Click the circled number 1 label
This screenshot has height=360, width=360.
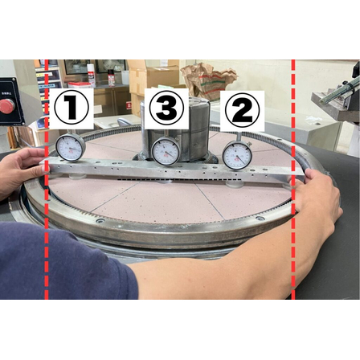click(71, 108)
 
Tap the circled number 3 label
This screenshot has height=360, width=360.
click(166, 107)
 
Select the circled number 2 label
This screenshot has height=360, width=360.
click(242, 109)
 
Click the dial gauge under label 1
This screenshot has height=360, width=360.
click(71, 148)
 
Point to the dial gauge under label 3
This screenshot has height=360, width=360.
click(166, 150)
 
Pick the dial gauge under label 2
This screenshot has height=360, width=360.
click(237, 154)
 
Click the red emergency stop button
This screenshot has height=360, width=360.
click(6, 106)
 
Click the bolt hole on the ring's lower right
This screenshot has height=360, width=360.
click(259, 219)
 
